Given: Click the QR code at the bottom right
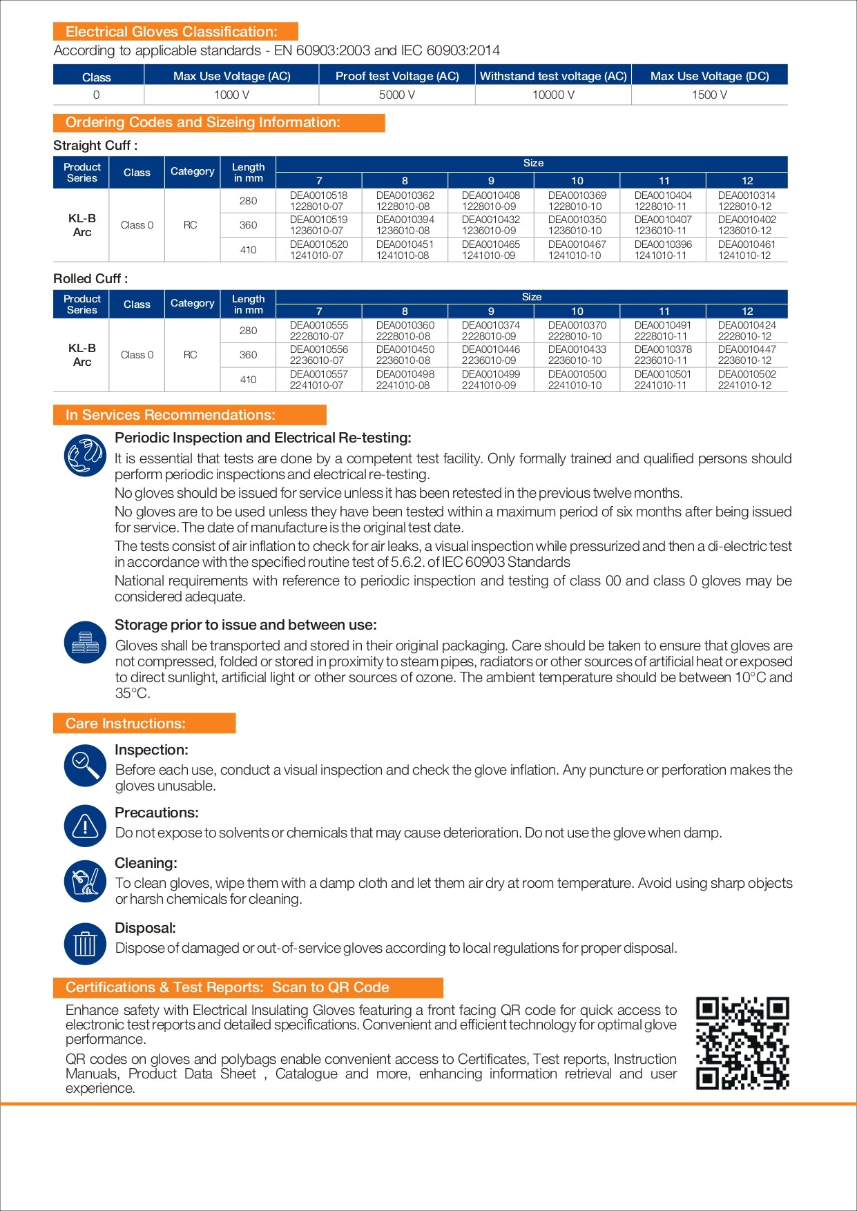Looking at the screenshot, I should coord(742,1043).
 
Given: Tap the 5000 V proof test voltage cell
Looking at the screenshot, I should coord(397,95).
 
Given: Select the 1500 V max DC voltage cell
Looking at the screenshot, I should coord(709,95).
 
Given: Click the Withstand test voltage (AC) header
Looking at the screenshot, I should coord(553,76).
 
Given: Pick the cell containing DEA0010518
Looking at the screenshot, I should coord(318,201).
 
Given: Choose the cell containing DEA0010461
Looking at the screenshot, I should coord(747,250).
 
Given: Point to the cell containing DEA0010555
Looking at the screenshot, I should coord(318,331).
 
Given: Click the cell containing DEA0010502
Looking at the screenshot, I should coord(747,380).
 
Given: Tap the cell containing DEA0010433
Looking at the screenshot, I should coord(577,355).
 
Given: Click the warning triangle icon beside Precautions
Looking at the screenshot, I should coord(85,826).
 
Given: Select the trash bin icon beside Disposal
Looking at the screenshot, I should coord(85,944).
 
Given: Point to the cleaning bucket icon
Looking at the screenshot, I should coord(85,881).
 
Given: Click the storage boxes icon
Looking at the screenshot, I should coord(85,642).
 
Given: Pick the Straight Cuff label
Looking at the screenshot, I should coord(95,146).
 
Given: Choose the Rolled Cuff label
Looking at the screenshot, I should coord(90,279).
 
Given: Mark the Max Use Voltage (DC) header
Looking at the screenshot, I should coord(709,76).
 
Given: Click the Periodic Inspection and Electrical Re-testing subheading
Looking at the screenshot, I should coord(263,438).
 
